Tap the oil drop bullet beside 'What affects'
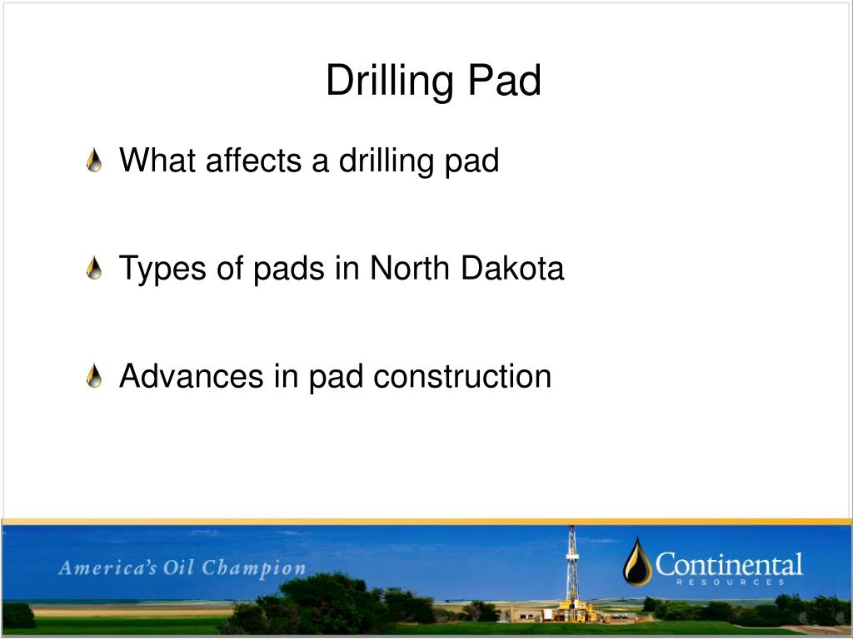95,161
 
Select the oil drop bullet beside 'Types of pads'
95,269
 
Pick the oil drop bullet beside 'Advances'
95,377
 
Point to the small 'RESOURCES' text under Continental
730,582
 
